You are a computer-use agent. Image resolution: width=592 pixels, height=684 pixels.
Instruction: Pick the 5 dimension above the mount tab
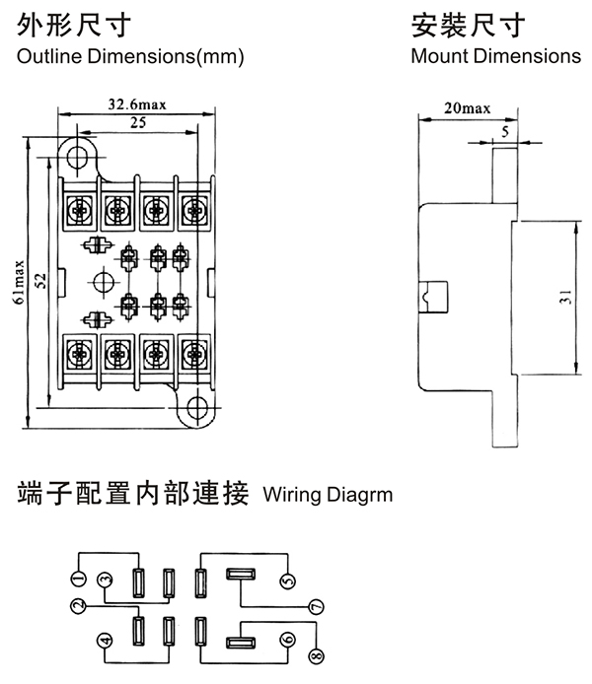pyautogui.click(x=505, y=129)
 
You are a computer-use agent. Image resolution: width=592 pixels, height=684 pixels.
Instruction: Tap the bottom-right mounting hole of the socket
pyautogui.click(x=198, y=406)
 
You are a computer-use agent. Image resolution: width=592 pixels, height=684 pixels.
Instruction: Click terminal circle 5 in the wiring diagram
pyautogui.click(x=288, y=581)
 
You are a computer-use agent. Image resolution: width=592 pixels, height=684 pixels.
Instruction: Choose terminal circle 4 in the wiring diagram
pyautogui.click(x=106, y=642)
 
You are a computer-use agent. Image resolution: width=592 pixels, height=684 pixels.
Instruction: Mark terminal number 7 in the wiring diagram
pyautogui.click(x=317, y=606)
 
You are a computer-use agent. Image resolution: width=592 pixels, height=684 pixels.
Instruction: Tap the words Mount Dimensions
pyautogui.click(x=495, y=56)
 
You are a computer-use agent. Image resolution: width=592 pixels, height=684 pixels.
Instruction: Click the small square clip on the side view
pyautogui.click(x=431, y=294)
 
